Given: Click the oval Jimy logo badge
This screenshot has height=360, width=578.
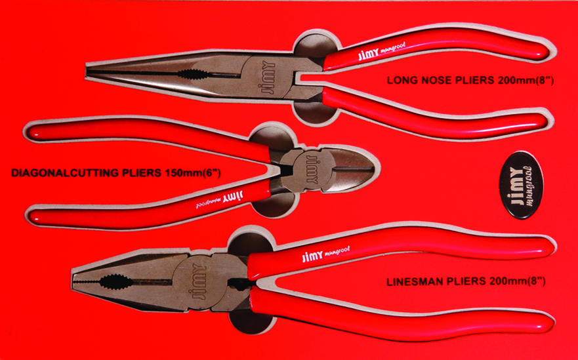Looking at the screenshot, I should [521, 184].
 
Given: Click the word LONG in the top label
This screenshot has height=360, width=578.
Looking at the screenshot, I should [401, 82].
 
